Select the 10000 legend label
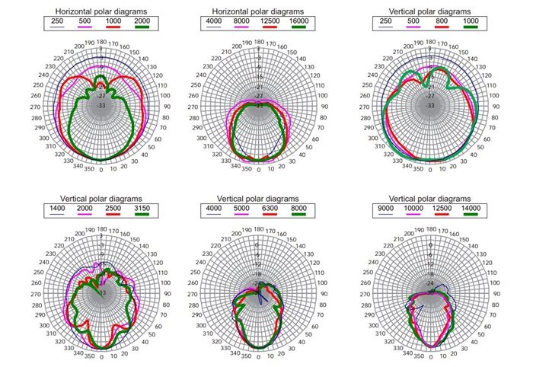417,208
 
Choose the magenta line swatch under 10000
417,215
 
